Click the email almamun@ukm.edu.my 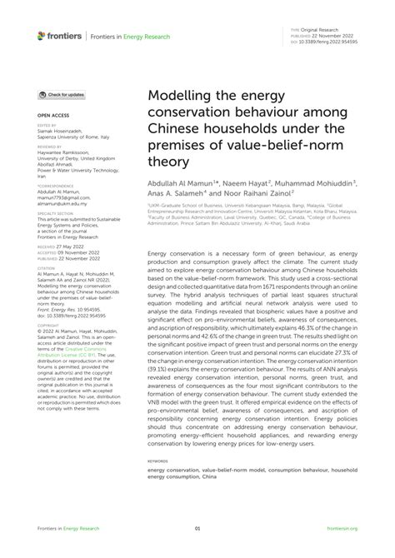click(62, 202)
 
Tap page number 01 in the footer click(197, 528)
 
